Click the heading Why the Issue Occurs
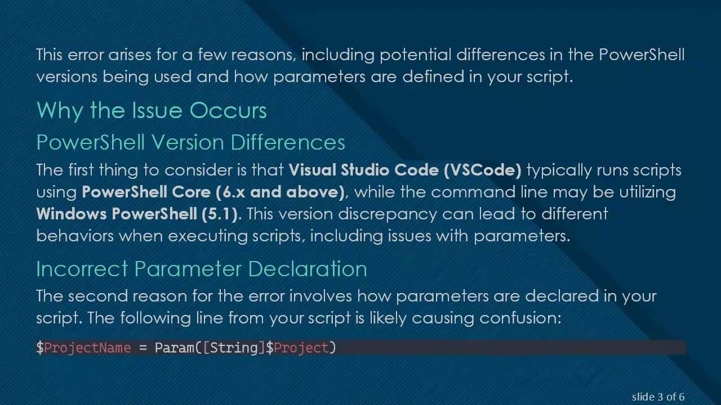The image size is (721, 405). coord(151,111)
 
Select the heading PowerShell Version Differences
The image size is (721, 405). coord(190,143)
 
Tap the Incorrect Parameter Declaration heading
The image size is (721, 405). coord(201,269)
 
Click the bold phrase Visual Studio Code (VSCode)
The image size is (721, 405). coord(405,170)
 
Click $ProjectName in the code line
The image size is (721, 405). coord(83,348)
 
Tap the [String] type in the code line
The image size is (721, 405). coord(234,348)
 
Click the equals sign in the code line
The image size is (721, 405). coord(143,348)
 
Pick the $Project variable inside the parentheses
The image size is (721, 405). coord(297,348)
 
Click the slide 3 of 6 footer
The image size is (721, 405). coord(658,397)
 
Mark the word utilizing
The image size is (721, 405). coord(647,192)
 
